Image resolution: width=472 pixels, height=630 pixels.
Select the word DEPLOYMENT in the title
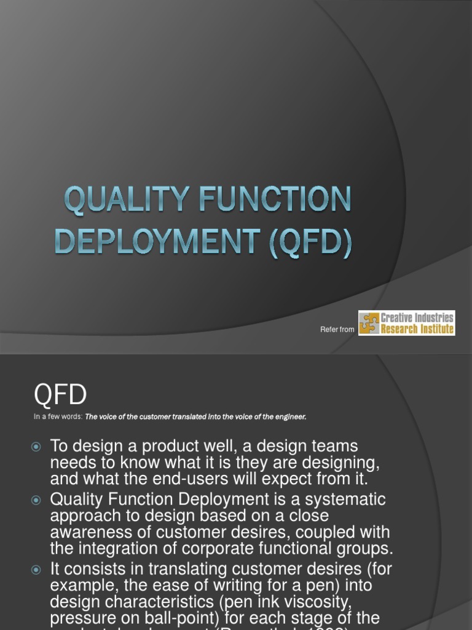pyautogui.click(x=147, y=242)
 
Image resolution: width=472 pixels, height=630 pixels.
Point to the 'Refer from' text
pyautogui.click(x=337, y=330)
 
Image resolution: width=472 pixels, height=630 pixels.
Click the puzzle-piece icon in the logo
pyautogui.click(x=369, y=323)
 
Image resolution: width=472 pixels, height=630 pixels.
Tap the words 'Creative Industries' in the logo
pyautogui.click(x=417, y=317)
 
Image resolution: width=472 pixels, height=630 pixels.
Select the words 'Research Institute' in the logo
pyautogui.click(x=417, y=329)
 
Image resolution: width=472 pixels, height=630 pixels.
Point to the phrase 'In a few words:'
pyautogui.click(x=58, y=417)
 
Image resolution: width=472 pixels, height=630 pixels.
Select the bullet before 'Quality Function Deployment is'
pyautogui.click(x=36, y=500)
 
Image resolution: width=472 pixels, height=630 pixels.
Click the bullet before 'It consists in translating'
pyautogui.click(x=36, y=570)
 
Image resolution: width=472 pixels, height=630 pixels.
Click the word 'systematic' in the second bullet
pyautogui.click(x=347, y=500)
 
